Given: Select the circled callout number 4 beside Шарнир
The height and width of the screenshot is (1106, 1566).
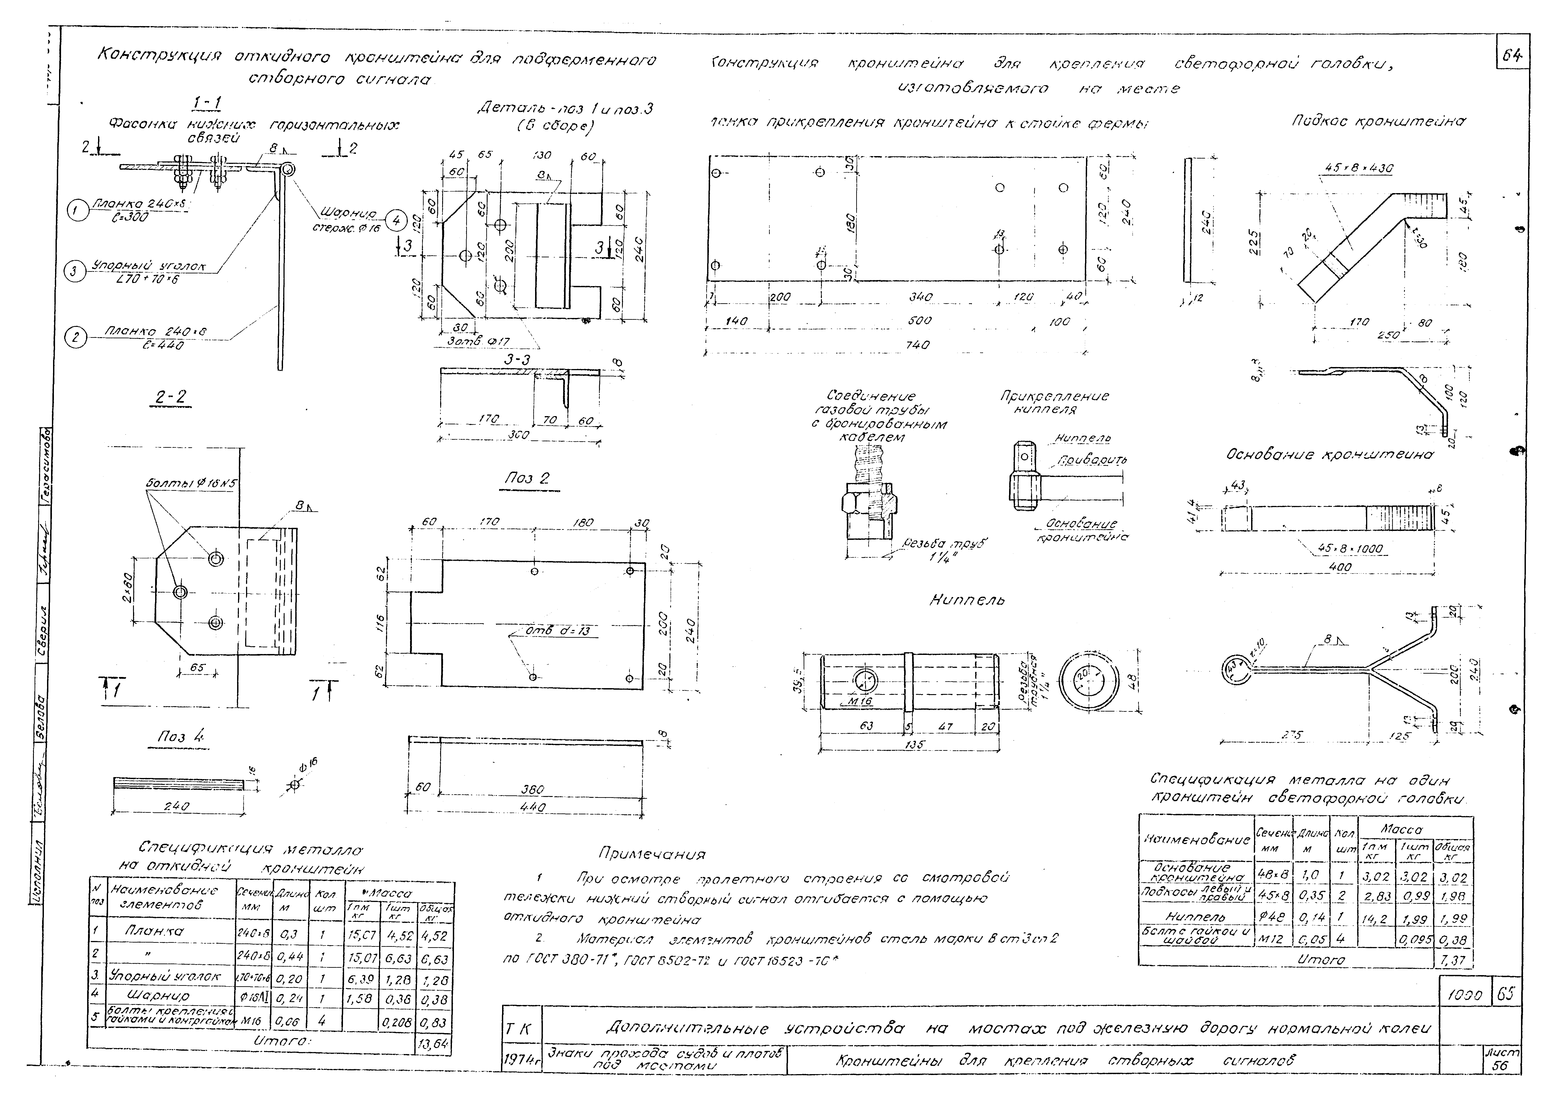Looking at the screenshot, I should pos(396,220).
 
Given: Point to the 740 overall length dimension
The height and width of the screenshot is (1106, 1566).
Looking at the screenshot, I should pos(917,345).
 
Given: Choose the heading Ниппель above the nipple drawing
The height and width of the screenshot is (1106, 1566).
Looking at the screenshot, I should pos(967,600).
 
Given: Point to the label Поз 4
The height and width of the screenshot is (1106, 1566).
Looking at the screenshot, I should pos(181,737).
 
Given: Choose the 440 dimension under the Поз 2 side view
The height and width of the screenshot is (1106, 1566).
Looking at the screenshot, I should pos(532,807).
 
